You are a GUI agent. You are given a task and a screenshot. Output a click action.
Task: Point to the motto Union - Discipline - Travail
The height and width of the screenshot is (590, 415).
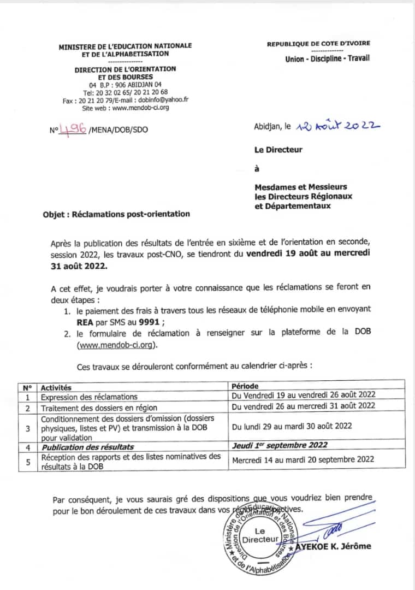click(327, 58)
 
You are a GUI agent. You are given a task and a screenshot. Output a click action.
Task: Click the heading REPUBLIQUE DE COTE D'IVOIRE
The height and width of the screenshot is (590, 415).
click(318, 43)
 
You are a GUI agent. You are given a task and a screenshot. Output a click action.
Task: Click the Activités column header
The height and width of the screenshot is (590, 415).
click(56, 387)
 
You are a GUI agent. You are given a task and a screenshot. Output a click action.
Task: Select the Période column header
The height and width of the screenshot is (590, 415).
click(245, 386)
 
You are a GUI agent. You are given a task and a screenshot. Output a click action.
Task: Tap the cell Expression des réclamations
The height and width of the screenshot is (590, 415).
click(89, 397)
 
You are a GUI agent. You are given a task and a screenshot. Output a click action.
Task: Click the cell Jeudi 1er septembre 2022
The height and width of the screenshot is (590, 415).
click(280, 445)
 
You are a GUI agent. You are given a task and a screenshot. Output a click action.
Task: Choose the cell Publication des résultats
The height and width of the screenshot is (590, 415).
click(87, 446)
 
